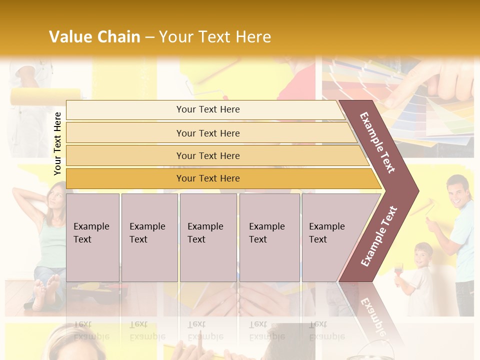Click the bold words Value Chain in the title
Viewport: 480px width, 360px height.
[x=94, y=37]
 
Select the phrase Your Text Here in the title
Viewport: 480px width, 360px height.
[x=215, y=37]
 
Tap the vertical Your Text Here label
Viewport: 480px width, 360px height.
[x=57, y=144]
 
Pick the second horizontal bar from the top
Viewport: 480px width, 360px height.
[x=208, y=133]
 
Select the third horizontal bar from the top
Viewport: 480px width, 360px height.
[x=208, y=155]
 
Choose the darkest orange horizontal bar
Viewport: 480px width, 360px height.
[x=208, y=178]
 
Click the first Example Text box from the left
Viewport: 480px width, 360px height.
[x=92, y=237]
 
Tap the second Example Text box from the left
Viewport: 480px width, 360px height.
[x=149, y=237]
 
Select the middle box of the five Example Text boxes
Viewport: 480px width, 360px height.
[x=208, y=237]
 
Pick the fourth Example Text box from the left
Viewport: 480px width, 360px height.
[x=269, y=237]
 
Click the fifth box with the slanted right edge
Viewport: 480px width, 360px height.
[x=332, y=237]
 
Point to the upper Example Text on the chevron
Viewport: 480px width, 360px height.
[x=377, y=142]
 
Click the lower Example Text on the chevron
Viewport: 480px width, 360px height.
[x=379, y=236]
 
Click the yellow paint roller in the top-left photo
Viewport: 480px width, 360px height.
[x=45, y=95]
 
